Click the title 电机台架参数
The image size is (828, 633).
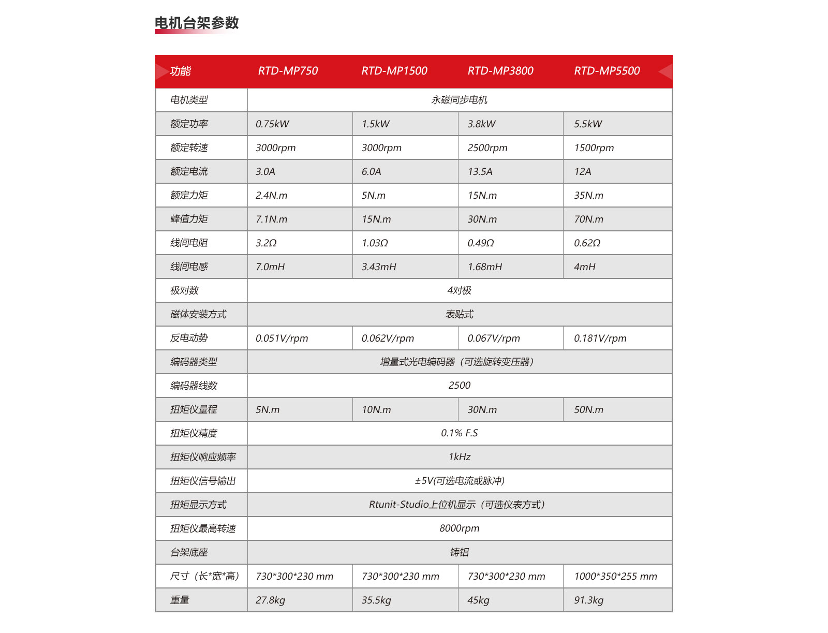coord(197,23)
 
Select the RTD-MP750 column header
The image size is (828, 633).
coord(288,71)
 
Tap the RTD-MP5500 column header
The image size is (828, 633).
coord(607,71)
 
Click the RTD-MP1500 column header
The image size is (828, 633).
coord(394,71)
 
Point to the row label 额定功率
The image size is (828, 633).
coord(189,124)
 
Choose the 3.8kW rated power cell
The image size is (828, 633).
coord(481,124)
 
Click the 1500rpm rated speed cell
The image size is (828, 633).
coord(594,148)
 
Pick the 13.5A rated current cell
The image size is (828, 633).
coord(480,171)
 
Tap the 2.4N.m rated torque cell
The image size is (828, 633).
coord(271,195)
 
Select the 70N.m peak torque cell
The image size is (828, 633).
coord(588,219)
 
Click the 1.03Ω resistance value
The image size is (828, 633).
coord(375,243)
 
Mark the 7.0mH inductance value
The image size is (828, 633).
coord(270,267)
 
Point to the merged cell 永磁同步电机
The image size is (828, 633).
coord(459,100)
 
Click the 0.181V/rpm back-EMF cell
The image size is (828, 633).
coord(600,338)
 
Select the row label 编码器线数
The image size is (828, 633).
coord(194,386)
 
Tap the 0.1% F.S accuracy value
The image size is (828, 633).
coord(459,433)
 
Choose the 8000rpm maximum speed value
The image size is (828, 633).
coord(459,528)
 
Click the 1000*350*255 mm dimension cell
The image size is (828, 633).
coord(615,576)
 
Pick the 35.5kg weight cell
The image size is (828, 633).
coord(376,600)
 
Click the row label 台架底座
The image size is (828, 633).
coord(189,552)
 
